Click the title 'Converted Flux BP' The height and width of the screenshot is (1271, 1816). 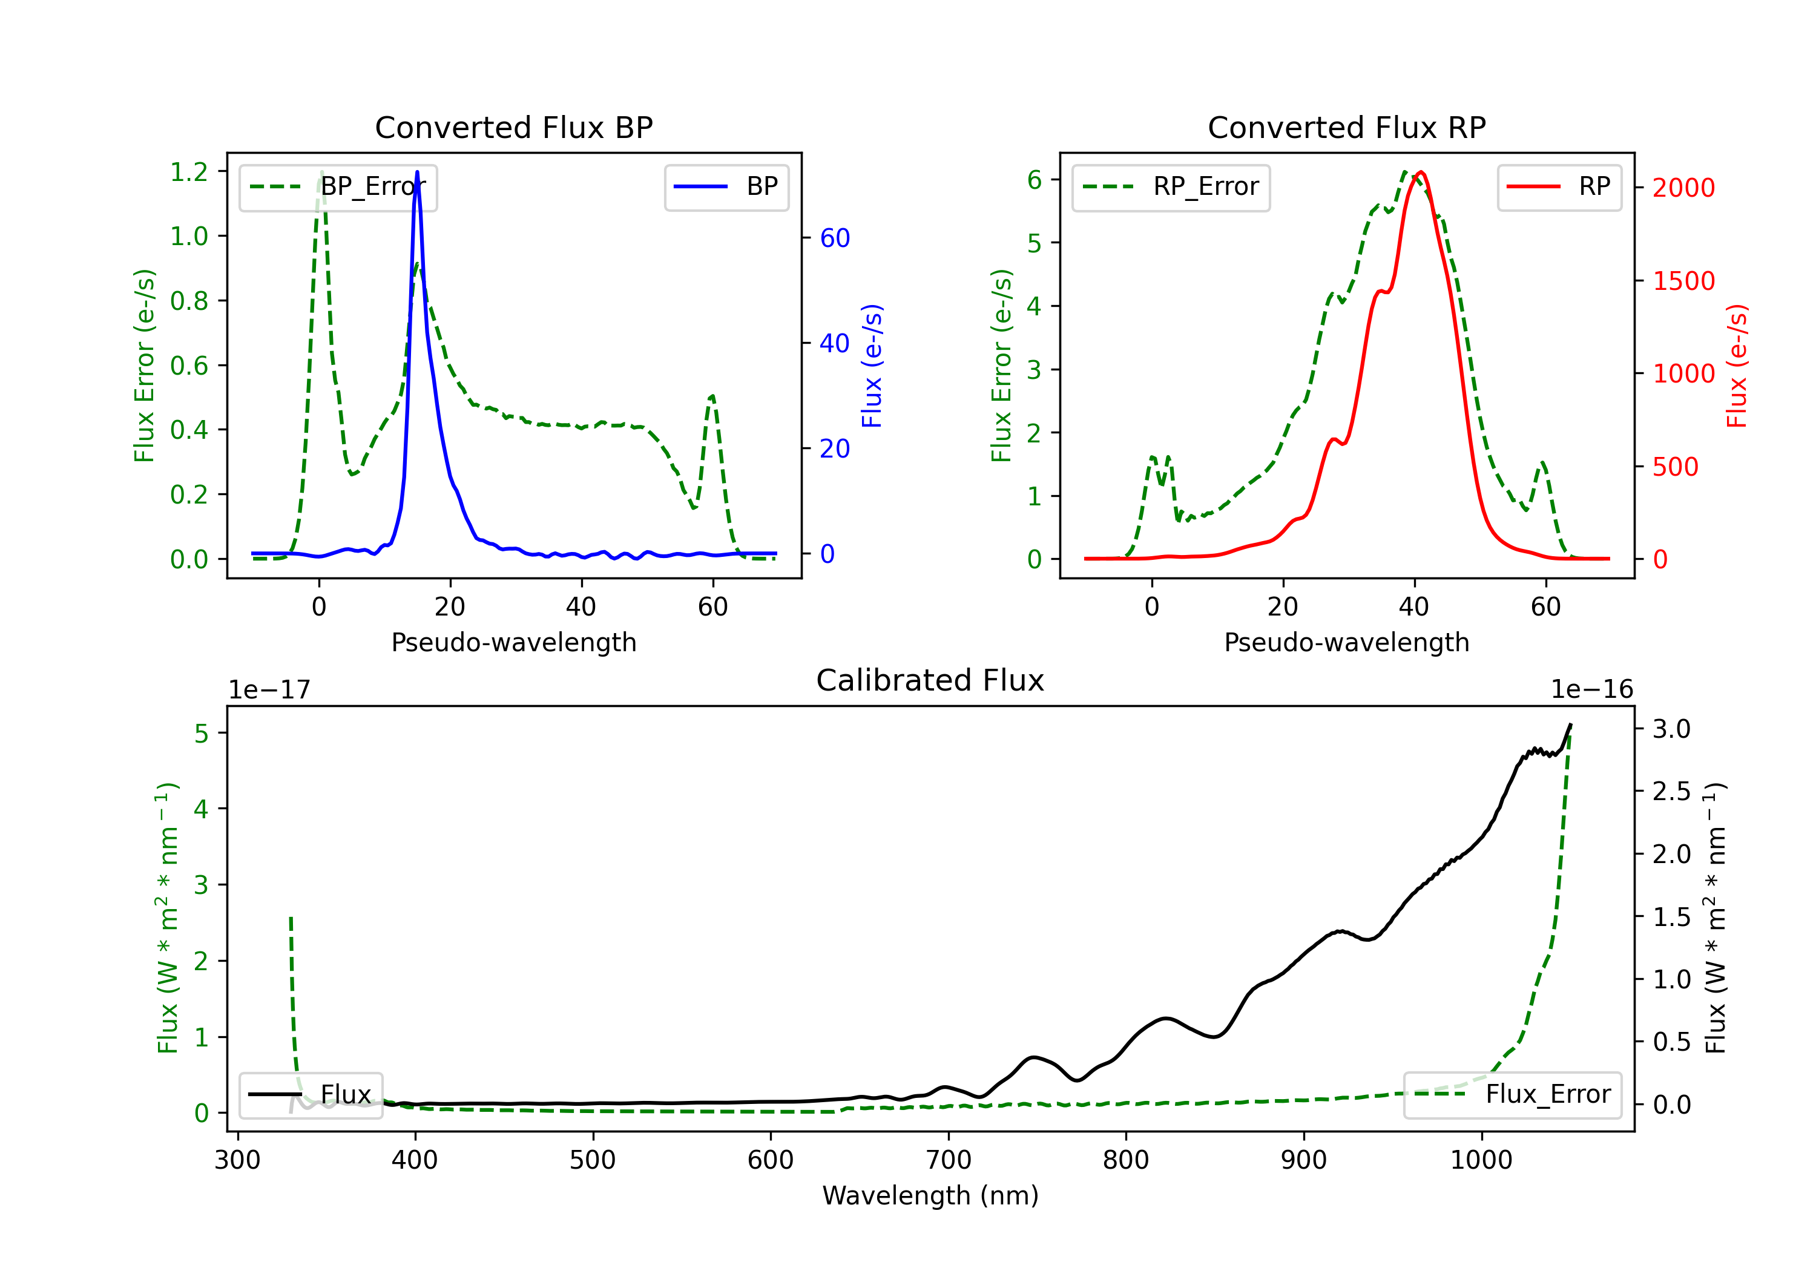pos(513,127)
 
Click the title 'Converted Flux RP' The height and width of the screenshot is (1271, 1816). pos(1346,127)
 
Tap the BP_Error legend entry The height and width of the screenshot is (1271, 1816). pos(338,188)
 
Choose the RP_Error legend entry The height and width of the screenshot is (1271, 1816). pos(1171,188)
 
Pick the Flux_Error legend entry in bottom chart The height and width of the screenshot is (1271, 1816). pos(1512,1095)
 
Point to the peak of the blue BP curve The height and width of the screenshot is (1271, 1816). pos(417,172)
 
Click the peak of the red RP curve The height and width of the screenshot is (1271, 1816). pos(1421,172)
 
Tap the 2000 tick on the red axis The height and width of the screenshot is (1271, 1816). pos(1683,188)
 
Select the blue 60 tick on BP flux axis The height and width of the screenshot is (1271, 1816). pos(834,238)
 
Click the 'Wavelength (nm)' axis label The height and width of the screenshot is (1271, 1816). pos(930,1195)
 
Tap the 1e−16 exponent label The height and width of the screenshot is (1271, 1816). pos(1591,690)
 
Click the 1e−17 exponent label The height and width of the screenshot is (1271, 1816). pos(270,690)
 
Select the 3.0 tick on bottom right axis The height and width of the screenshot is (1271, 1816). pos(1671,729)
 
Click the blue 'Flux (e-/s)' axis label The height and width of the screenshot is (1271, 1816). pos(872,366)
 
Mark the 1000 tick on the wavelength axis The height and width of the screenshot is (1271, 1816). pos(1481,1160)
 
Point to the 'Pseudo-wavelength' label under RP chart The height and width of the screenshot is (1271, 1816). pos(1346,642)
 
